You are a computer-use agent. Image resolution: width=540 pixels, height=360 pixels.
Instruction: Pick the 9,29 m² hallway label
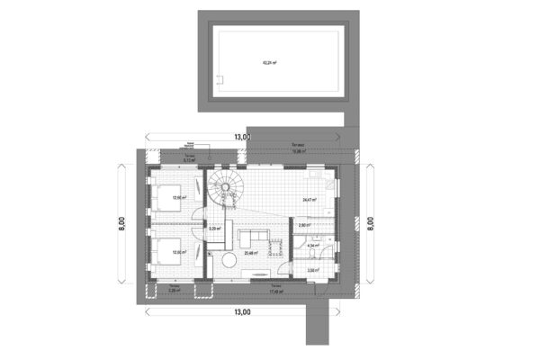(214, 229)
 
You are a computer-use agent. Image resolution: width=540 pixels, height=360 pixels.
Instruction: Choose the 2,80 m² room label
(304, 225)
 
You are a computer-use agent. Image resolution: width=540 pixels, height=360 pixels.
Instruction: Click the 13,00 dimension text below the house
(241, 312)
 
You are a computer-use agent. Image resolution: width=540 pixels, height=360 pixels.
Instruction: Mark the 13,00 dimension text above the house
(241, 137)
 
